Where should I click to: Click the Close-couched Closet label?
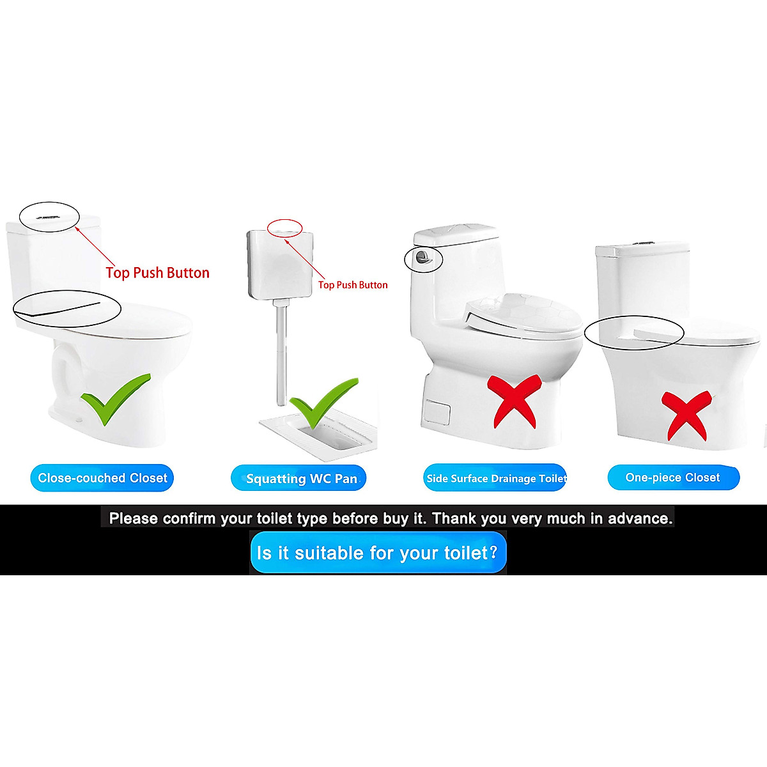(x=102, y=478)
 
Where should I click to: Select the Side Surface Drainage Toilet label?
(x=495, y=478)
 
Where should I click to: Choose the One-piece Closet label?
(x=673, y=477)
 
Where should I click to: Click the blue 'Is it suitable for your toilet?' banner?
(x=378, y=552)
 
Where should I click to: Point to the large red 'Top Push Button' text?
(x=157, y=273)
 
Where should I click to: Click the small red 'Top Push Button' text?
(x=353, y=285)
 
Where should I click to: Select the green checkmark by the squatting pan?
(x=320, y=403)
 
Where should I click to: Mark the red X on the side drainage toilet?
(x=515, y=401)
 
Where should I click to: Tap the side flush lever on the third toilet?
(x=422, y=258)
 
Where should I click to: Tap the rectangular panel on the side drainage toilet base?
(x=438, y=413)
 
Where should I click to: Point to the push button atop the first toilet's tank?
(x=49, y=216)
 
